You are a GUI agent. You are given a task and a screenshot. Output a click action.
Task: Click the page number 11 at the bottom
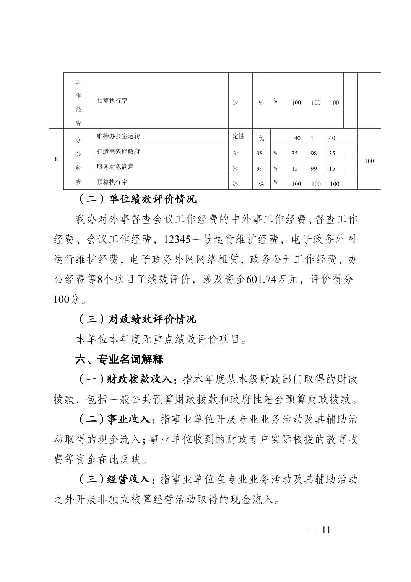326,530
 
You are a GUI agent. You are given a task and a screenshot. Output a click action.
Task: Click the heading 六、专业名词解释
120,360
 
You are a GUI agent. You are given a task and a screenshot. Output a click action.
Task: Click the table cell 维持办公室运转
116,136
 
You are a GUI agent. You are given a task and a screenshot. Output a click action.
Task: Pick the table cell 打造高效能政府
119,152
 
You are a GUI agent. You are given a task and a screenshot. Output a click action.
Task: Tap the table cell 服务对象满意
115,167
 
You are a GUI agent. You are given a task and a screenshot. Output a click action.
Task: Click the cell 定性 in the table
238,136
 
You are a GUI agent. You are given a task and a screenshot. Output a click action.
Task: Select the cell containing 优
262,138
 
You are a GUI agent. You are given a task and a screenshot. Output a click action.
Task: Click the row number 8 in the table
56,159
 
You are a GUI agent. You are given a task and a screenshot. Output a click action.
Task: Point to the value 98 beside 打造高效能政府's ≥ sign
260,154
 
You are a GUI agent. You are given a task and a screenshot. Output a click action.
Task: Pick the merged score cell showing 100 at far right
369,161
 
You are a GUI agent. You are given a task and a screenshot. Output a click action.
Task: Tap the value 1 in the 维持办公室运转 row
312,138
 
